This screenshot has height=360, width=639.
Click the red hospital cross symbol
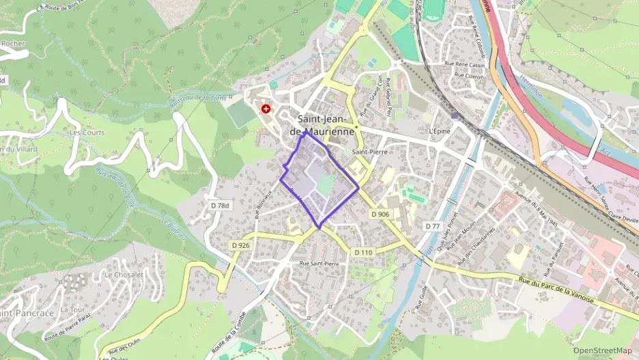266,108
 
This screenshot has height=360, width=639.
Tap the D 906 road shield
380,214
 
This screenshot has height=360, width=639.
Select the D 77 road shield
432,226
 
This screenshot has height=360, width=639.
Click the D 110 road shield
364,253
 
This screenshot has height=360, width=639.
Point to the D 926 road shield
240,245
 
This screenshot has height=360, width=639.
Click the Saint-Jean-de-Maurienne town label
325,124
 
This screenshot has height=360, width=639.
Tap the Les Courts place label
87,133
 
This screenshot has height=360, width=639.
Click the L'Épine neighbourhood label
441,131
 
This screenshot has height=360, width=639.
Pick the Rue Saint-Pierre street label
319,263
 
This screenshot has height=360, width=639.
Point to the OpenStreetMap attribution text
602,350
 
